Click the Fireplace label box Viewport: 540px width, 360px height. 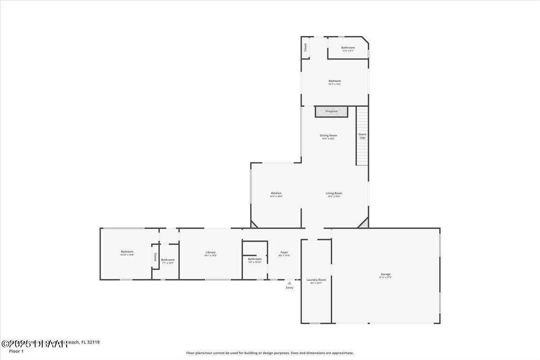[332, 111]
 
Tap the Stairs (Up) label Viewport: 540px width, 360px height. [362, 136]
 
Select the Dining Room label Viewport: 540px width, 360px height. [328, 135]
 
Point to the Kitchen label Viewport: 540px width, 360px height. [276, 193]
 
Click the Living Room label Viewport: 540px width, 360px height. [334, 193]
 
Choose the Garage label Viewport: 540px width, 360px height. [386, 274]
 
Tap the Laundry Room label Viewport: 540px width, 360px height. [316, 280]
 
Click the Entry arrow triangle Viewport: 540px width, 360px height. [289, 283]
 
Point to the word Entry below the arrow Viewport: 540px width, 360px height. [289, 288]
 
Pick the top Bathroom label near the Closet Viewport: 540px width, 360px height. [348, 48]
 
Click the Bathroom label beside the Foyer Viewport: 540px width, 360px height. [255, 259]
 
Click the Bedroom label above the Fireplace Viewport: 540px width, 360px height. [335, 81]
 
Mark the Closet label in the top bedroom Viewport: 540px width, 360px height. [305, 47]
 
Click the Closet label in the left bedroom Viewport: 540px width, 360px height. [155, 257]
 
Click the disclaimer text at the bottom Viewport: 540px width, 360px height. [270, 353]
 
